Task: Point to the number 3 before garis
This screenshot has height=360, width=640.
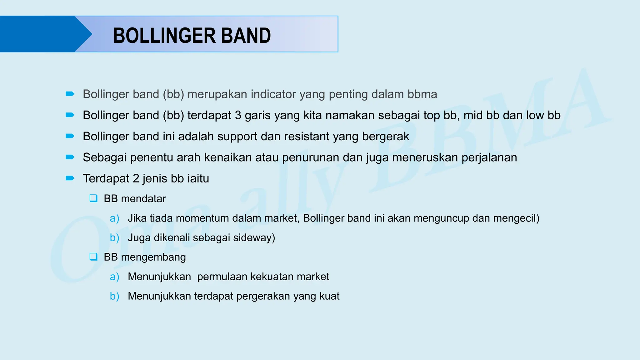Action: pos(238,115)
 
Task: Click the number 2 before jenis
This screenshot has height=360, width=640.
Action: pos(136,178)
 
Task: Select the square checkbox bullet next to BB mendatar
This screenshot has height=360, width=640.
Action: pos(93,198)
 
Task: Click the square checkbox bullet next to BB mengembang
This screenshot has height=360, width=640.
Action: pos(93,257)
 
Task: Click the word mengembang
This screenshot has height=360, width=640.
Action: pos(153,257)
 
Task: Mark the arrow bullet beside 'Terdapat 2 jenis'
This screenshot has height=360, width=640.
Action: pos(70,178)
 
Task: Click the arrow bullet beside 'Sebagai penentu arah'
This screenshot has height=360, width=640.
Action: pos(70,157)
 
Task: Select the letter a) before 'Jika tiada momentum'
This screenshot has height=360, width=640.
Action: pos(114,218)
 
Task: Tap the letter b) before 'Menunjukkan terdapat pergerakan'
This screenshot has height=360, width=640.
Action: pos(114,296)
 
